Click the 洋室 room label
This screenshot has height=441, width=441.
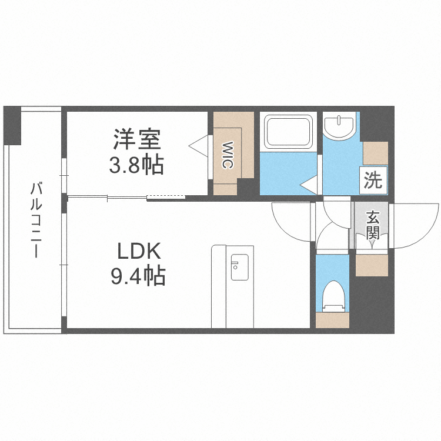coord(137,139)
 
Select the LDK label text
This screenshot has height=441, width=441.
coord(139,251)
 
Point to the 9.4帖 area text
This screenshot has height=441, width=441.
coord(138,276)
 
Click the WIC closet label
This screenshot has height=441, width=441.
coord(227,155)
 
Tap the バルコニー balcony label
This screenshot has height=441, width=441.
coord(36,220)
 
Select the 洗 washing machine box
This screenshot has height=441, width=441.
coord(373,181)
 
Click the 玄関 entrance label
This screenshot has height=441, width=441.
coord(373,225)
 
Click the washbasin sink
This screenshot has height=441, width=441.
coord(339,126)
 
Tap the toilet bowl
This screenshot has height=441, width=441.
coord(333,296)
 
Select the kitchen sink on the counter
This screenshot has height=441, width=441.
coord(240,267)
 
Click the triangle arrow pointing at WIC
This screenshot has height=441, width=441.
coord(198,146)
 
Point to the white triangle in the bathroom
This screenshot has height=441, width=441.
coord(309,185)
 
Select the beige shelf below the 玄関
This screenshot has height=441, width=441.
coord(372,265)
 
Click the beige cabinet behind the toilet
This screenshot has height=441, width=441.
coord(332,320)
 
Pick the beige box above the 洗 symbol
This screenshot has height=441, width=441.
coord(376,153)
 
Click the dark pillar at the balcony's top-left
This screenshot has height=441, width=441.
coord(12,126)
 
